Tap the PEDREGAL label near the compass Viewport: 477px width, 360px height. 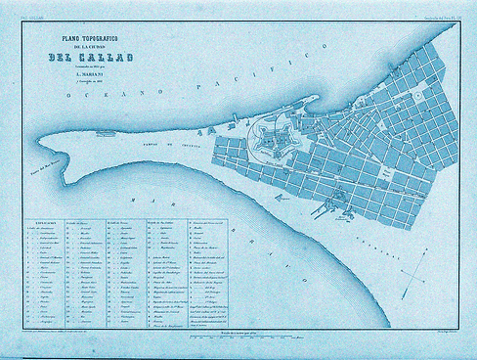(377, 246)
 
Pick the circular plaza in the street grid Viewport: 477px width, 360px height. (414, 96)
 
